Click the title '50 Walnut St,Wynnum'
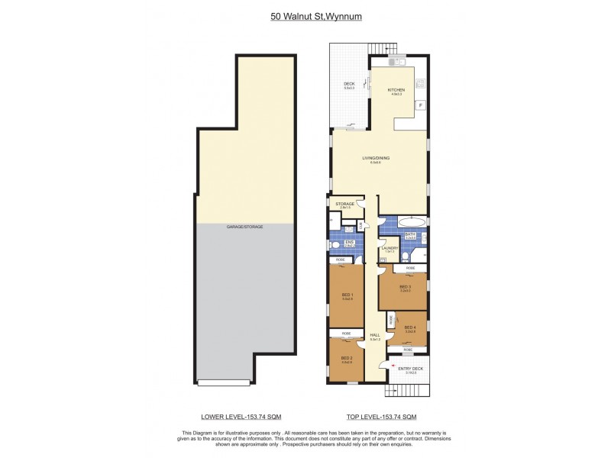305,14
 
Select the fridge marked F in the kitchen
419,105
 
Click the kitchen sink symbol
395,59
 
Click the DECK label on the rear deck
349,85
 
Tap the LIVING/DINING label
375,159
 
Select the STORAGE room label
345,205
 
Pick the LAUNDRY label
390,250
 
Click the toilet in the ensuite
337,246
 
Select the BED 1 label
346,298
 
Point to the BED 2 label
346,358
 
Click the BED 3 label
405,287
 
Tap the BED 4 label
409,328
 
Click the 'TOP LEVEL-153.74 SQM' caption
382,417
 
